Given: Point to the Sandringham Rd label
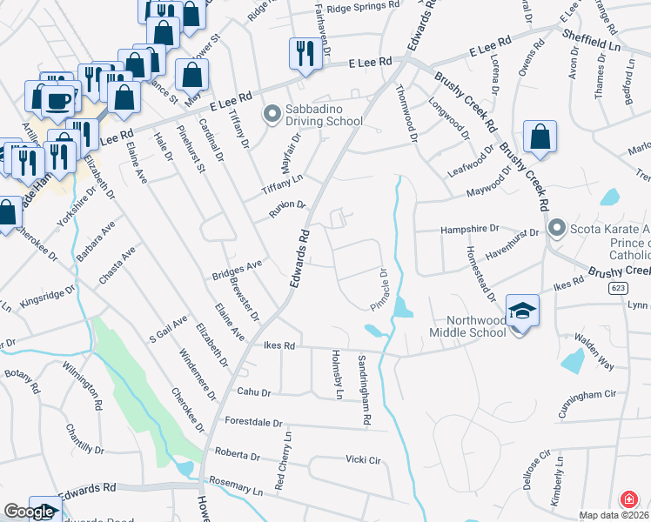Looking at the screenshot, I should (365, 389).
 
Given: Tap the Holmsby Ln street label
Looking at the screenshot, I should (336, 375).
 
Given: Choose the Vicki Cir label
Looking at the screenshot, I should (364, 459).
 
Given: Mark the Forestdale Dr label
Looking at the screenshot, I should (254, 424).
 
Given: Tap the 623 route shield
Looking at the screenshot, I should (616, 286).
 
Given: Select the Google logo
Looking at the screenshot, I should (29, 512).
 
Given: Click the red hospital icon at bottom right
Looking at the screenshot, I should (628, 500).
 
